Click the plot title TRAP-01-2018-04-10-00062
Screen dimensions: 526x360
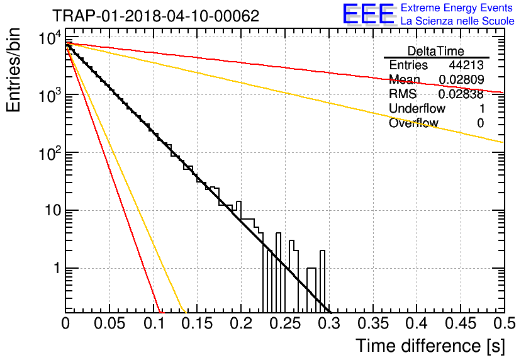156,16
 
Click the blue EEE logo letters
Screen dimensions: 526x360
369,14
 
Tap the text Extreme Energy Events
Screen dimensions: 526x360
457,8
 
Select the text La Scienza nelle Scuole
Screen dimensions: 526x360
457,21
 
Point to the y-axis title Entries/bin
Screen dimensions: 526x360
13,70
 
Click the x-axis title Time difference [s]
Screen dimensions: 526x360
430,346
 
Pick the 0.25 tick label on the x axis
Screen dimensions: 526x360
285,323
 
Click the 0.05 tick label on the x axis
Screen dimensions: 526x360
109,323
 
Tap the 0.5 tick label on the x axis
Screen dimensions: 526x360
504,323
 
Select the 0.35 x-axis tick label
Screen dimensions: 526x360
373,323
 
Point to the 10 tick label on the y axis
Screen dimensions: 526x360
53,211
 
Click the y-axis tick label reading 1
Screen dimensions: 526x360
57,268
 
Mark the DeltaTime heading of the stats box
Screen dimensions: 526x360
436,51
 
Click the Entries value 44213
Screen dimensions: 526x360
466,65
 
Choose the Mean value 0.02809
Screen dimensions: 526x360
461,79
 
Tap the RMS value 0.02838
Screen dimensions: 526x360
461,94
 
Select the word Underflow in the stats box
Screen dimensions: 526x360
417,108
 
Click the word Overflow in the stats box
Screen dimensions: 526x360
413,123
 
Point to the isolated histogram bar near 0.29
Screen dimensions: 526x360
322,281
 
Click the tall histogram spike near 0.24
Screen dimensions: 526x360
279,273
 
